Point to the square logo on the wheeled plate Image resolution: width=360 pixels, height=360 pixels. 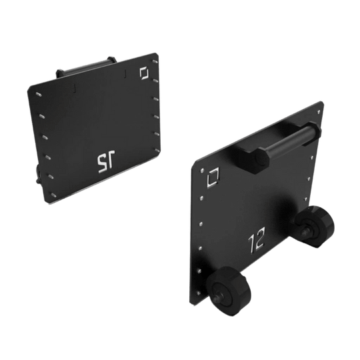tap(213, 177)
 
